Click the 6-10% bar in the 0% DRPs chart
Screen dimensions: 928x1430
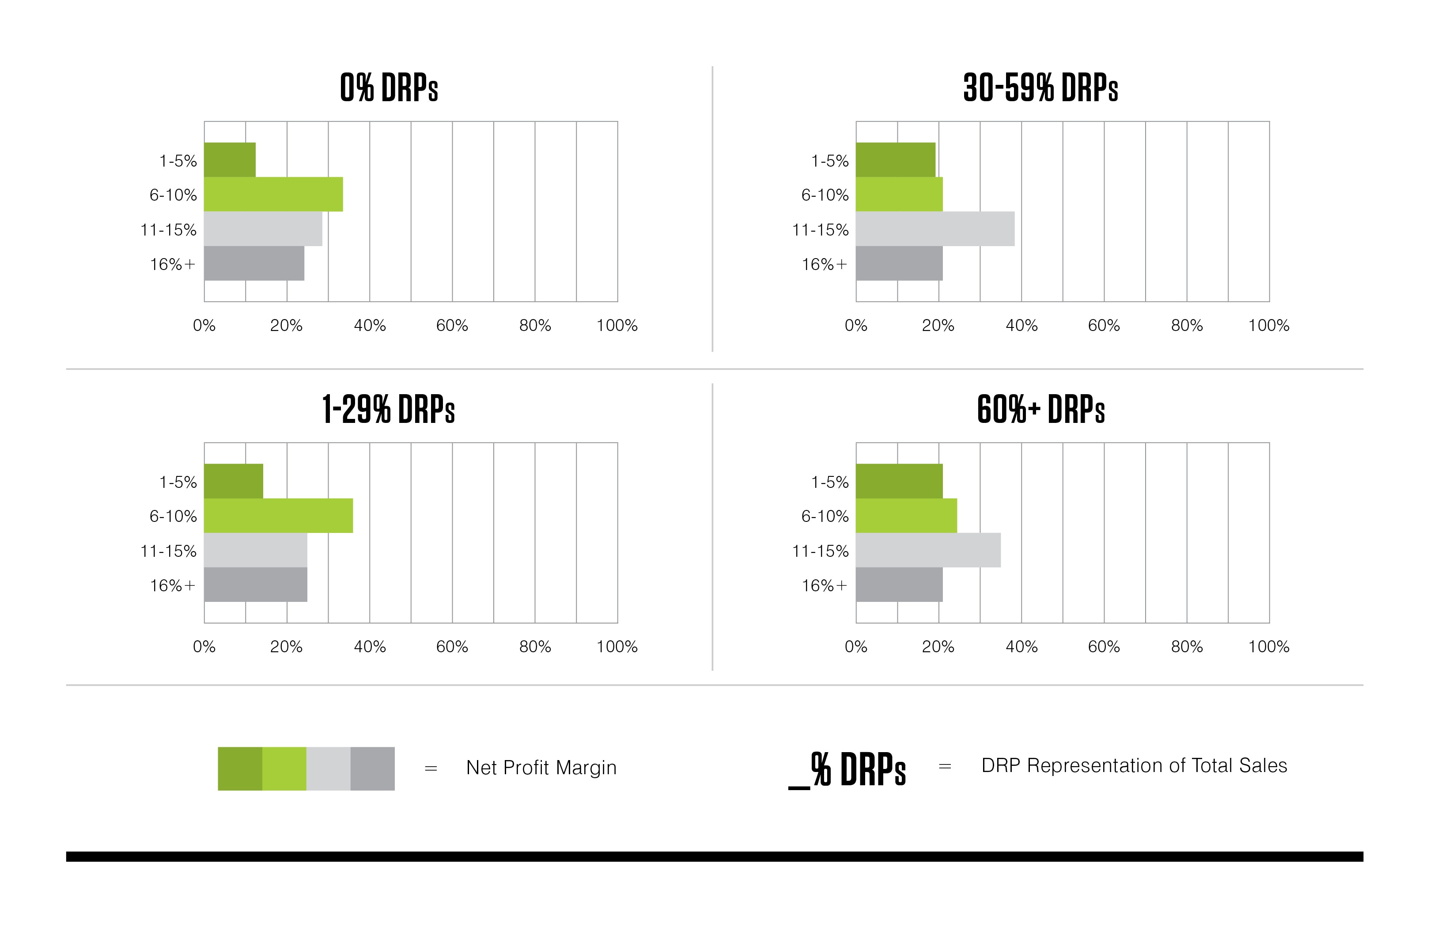pyautogui.click(x=273, y=194)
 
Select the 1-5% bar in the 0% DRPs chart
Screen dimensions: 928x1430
pyautogui.click(x=230, y=160)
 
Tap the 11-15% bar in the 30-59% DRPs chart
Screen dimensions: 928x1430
pyautogui.click(x=935, y=229)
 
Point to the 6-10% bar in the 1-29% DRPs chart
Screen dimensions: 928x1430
pyautogui.click(x=278, y=516)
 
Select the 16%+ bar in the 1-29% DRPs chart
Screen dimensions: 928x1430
pyautogui.click(x=255, y=585)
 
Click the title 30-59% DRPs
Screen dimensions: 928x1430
pyautogui.click(x=1040, y=88)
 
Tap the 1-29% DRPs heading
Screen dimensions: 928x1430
pyautogui.click(x=388, y=410)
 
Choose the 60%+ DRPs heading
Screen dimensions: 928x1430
pyautogui.click(x=1040, y=410)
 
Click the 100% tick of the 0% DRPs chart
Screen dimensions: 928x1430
pyautogui.click(x=617, y=326)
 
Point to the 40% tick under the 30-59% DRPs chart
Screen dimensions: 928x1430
pyautogui.click(x=1021, y=326)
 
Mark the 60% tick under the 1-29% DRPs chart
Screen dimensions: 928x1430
pyautogui.click(x=452, y=647)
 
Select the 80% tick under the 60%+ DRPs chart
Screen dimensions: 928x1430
pyautogui.click(x=1187, y=647)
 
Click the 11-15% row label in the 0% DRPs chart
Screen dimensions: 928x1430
pyautogui.click(x=168, y=230)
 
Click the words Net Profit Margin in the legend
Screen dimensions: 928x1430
pyautogui.click(x=541, y=768)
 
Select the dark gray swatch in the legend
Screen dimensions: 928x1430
pyautogui.click(x=373, y=769)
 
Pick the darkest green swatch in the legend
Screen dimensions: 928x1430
pyautogui.click(x=240, y=769)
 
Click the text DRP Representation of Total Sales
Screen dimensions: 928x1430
pyautogui.click(x=1134, y=766)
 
